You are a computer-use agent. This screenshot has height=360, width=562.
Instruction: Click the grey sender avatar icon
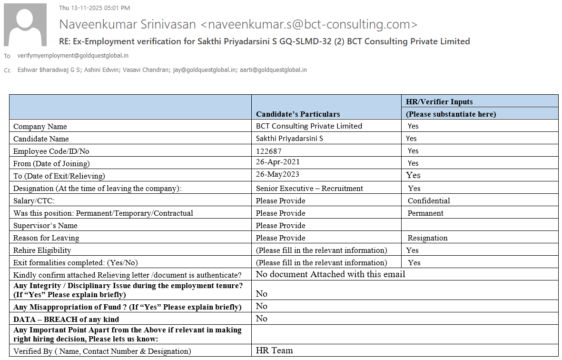point(25,25)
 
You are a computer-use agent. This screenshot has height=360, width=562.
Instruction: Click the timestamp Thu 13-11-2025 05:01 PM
point(94,8)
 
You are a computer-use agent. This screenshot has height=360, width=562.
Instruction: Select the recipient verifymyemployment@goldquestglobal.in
point(73,56)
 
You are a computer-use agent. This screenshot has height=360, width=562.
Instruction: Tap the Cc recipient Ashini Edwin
point(101,70)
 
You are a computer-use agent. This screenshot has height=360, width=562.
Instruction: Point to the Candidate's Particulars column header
point(298,114)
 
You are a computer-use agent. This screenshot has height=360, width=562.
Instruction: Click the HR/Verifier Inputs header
point(439,101)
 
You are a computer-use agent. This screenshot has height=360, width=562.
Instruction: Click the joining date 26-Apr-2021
point(278,162)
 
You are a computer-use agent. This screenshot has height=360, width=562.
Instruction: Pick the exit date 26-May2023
point(277,174)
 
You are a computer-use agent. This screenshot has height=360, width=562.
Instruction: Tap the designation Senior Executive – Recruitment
point(309,188)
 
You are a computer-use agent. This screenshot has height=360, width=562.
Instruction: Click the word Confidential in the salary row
point(429,200)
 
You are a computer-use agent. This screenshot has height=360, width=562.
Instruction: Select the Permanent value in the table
point(425,213)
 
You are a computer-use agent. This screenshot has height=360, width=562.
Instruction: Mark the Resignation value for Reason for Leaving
point(427,238)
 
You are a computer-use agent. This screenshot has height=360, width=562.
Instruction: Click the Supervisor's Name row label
point(45,225)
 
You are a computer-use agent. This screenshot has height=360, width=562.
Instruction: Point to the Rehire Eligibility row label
point(42,250)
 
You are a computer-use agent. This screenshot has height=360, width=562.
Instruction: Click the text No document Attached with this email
point(330,274)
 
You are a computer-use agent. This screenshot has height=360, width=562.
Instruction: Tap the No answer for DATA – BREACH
point(262,318)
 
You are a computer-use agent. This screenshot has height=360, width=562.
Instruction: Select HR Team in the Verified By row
point(274,350)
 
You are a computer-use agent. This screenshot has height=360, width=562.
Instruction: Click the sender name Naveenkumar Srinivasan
point(127,24)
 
